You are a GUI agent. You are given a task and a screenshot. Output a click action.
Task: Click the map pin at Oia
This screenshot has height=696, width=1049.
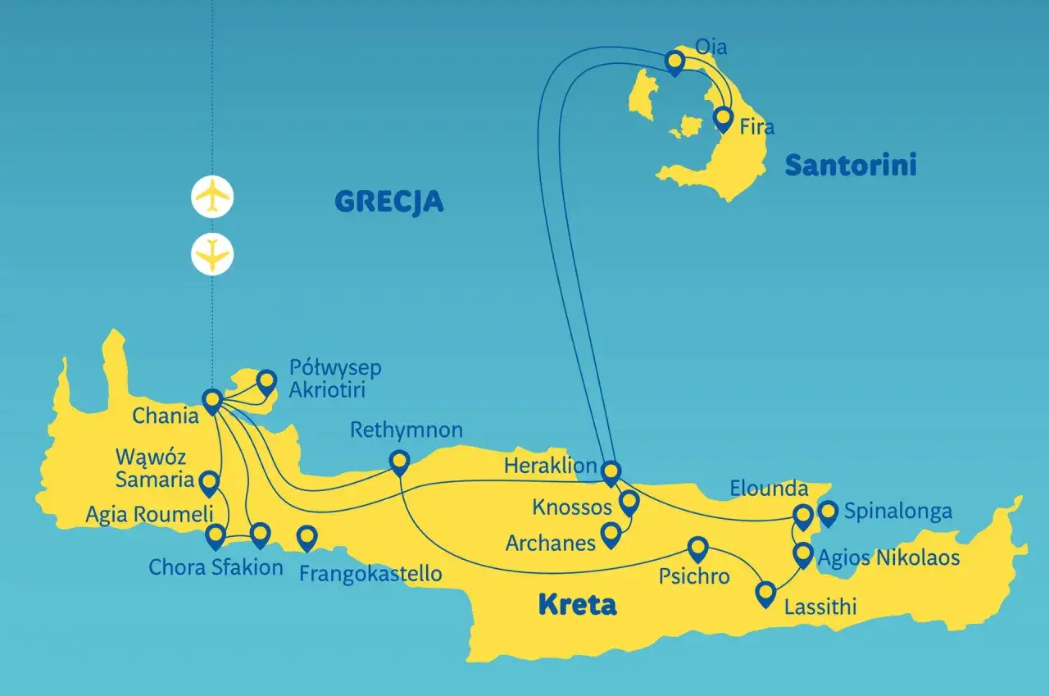674,61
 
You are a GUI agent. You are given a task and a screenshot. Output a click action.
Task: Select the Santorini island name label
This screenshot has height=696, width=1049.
851,166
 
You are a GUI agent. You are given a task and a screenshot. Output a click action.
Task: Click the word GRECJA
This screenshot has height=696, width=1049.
389,201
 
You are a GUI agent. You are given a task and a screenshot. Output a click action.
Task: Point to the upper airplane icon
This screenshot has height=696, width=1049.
212,197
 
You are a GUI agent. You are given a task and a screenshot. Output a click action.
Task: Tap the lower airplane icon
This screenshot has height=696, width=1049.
212,254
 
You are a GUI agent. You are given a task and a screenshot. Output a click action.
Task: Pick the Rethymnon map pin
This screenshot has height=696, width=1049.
399,462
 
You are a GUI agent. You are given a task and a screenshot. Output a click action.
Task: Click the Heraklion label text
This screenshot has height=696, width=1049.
551,466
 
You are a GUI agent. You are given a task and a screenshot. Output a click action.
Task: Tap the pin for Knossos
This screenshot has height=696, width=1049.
629,502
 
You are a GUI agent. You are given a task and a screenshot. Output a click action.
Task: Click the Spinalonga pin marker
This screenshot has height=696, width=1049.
829,513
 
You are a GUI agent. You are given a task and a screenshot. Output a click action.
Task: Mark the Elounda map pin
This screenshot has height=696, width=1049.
803,516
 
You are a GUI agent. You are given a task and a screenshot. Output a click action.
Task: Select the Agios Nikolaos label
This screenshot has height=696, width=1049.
888,558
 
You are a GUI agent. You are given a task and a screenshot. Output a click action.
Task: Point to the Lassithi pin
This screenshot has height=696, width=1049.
765,593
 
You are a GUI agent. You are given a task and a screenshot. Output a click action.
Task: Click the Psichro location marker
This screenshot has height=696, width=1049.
697,548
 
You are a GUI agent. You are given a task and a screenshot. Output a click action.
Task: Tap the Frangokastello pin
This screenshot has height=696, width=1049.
307,538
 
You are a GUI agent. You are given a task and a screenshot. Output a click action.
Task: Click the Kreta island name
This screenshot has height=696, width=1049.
577,605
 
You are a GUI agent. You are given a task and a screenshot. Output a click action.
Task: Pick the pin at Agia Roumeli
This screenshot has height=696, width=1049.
216,536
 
